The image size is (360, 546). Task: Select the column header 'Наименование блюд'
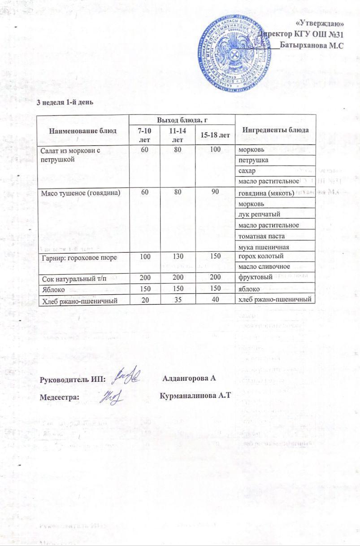click(83, 131)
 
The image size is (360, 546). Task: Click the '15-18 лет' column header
click(215, 135)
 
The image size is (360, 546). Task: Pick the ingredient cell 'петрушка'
click(254, 160)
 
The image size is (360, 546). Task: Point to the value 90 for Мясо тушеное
click(215, 192)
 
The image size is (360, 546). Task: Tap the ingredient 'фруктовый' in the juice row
click(256, 278)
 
